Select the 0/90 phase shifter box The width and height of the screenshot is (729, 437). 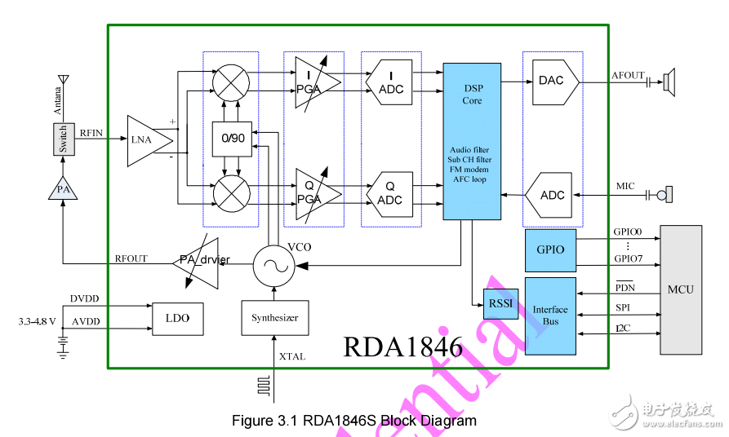[x=233, y=139]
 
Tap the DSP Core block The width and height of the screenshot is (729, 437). [x=472, y=140]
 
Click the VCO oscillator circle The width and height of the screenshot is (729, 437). [x=273, y=265]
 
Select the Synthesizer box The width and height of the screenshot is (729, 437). [x=275, y=317]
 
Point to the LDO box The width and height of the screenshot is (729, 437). [x=176, y=317]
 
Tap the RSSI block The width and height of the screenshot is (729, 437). [x=500, y=304]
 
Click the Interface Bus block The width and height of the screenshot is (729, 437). [x=551, y=316]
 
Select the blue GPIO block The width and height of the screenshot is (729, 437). [x=550, y=249]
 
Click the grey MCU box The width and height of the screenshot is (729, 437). [x=681, y=289]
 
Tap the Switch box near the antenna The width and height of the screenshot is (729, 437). [x=63, y=139]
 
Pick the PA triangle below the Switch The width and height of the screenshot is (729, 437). [x=63, y=189]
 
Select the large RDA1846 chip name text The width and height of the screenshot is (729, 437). [x=402, y=347]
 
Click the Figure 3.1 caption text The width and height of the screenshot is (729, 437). [x=353, y=421]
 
